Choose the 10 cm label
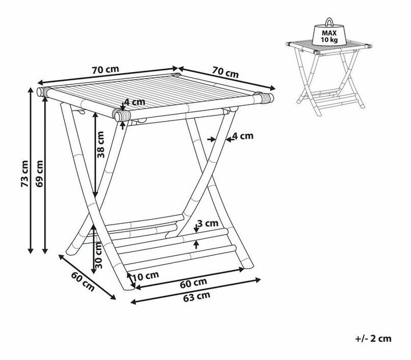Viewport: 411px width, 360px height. (145, 276)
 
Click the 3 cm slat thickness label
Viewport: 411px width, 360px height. (207, 223)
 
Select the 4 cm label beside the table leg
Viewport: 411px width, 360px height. (243, 136)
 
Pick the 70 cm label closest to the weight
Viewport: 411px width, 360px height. (225, 73)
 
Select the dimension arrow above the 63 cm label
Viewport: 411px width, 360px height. (195, 290)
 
